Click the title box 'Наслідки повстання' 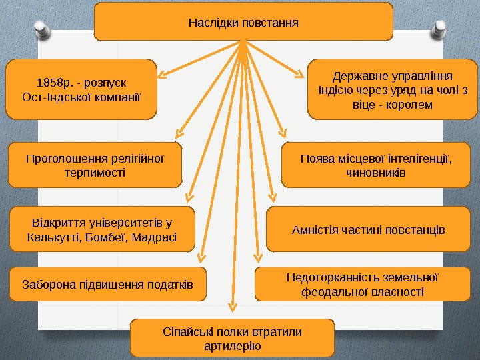tap(243, 21)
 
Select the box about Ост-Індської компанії tap(81, 89)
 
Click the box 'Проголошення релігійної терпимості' tap(95, 165)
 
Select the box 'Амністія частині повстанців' tap(369, 230)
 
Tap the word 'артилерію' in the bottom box tap(233, 347)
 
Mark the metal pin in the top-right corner tap(440, 28)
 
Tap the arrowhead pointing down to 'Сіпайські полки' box tap(232, 307)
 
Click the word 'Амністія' tap(313, 230)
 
